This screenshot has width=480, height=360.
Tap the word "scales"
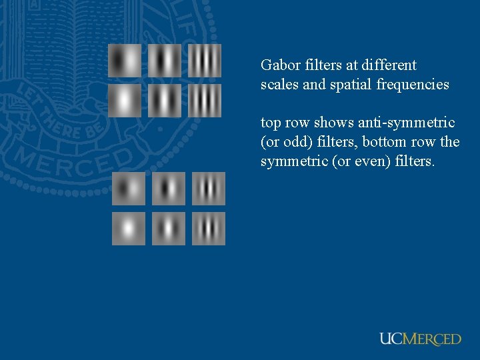[x=277, y=85]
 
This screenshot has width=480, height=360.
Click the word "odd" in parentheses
[x=288, y=142]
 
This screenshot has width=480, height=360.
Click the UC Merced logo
[x=420, y=339]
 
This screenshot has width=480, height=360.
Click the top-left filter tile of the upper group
[x=125, y=61]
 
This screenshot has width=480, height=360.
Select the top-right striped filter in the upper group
[x=205, y=61]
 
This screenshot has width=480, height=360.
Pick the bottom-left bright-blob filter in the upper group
[x=125, y=101]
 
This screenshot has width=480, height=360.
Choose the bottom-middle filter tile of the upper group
[x=165, y=101]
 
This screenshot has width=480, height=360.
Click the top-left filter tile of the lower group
[x=129, y=189]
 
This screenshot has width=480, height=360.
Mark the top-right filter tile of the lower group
[x=209, y=189]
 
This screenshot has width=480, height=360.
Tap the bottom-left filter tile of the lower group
[x=129, y=229]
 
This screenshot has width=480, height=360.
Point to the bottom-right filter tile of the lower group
[x=209, y=229]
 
